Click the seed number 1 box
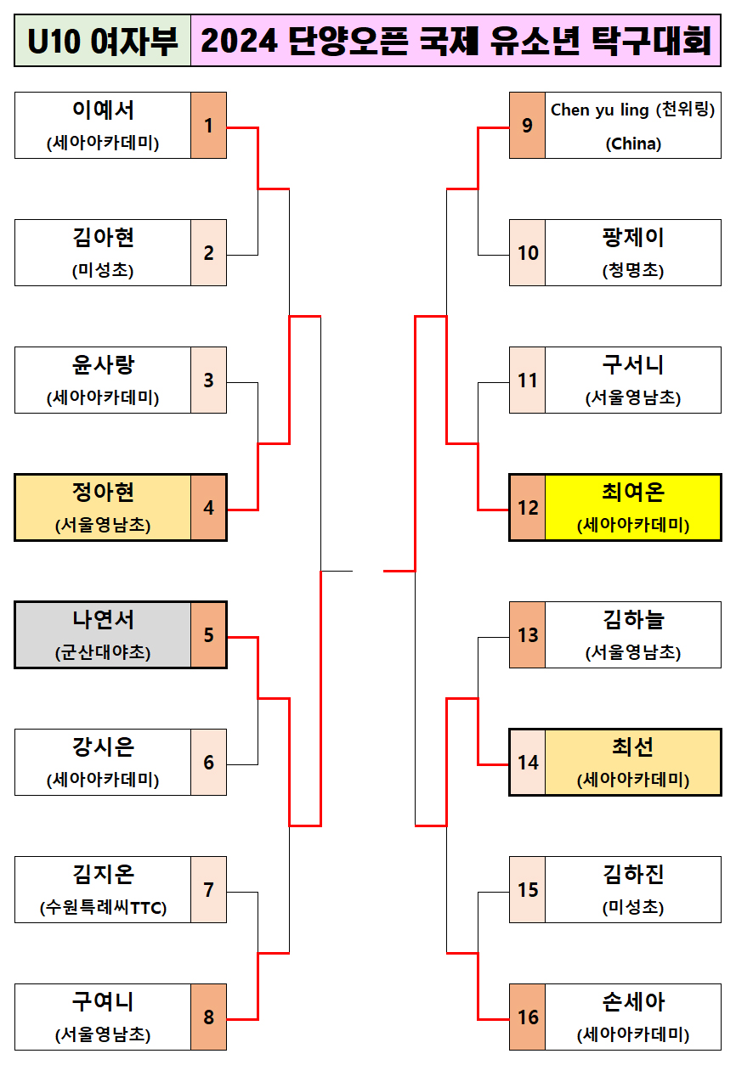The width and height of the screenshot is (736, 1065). (x=208, y=126)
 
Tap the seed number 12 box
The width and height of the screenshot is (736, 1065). (x=527, y=508)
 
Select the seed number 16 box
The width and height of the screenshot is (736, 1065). (x=527, y=1017)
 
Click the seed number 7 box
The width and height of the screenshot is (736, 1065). (x=208, y=890)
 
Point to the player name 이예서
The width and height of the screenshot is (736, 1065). (x=103, y=110)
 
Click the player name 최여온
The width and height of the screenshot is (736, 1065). (x=632, y=493)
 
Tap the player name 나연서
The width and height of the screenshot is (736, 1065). (x=103, y=620)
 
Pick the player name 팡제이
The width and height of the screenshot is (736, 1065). (x=632, y=238)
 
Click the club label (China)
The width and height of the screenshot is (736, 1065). (x=632, y=144)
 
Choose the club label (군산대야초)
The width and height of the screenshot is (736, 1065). (x=103, y=652)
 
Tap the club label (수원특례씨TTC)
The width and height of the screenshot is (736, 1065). (x=103, y=907)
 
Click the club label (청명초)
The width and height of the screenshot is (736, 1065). (x=632, y=270)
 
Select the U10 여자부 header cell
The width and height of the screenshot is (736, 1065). (x=103, y=41)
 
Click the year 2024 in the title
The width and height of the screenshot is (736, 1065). (x=240, y=41)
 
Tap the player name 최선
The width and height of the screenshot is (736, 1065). (x=632, y=747)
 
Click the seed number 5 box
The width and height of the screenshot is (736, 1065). (x=208, y=635)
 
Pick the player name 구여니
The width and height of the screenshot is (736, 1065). (x=103, y=1002)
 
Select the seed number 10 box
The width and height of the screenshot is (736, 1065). (x=527, y=253)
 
